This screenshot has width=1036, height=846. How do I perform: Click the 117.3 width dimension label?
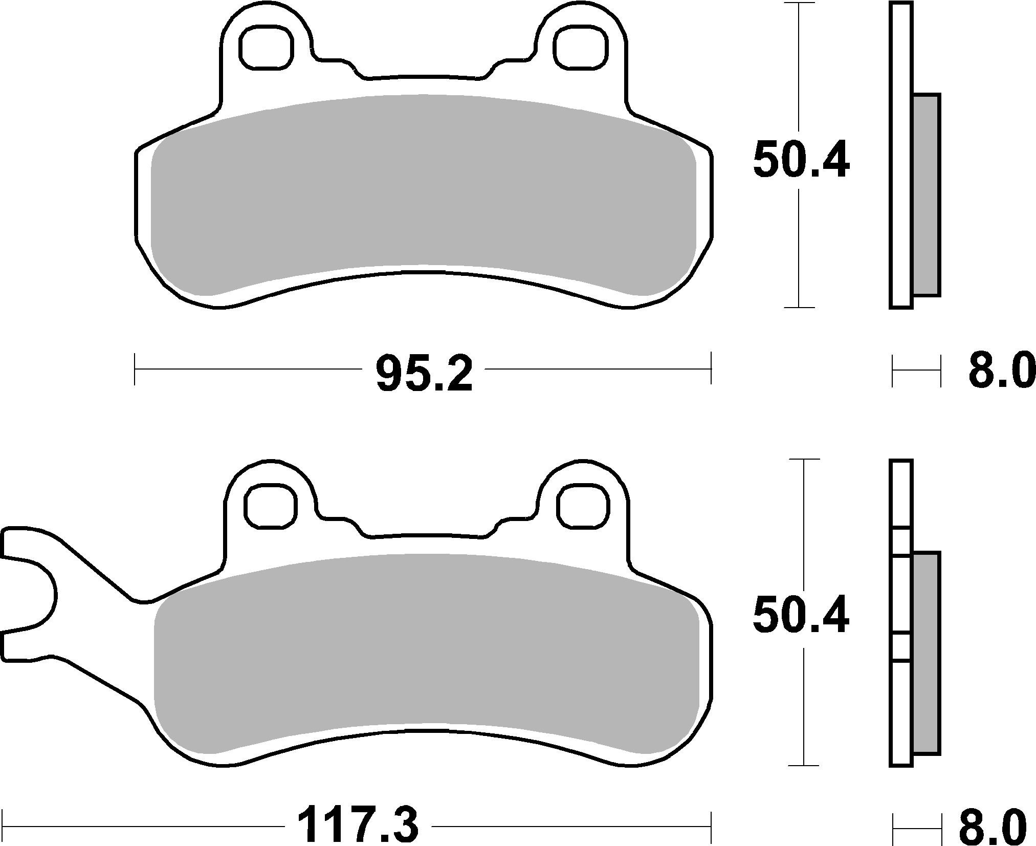[x=358, y=825]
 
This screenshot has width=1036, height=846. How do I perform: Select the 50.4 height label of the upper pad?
[x=801, y=160]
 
